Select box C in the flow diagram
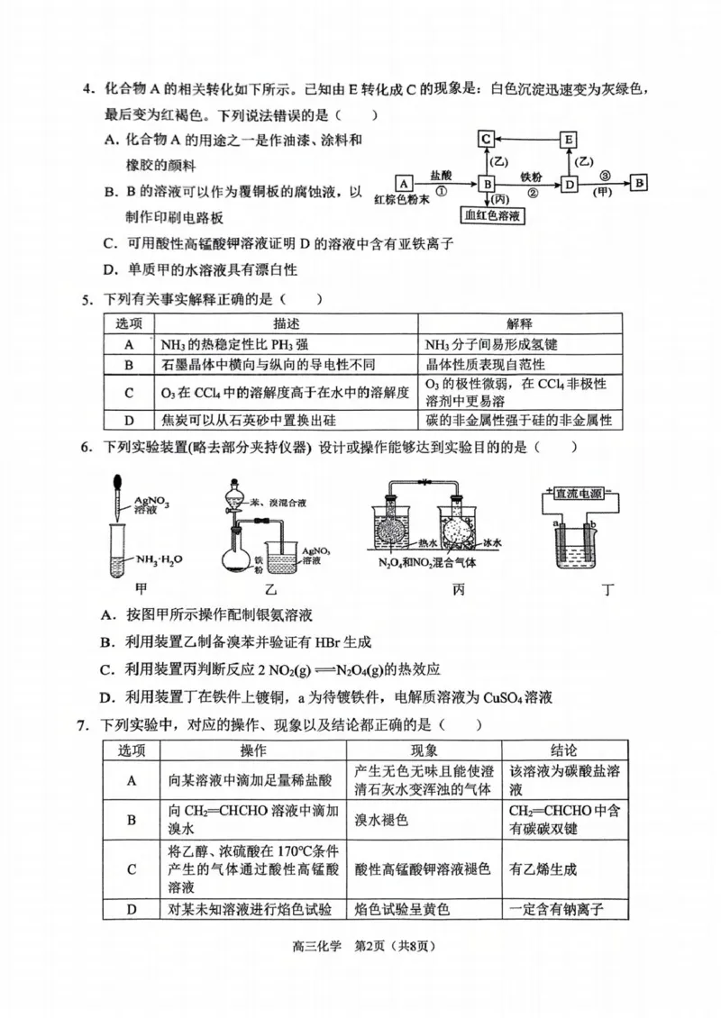pos(486,140)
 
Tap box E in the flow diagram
pos(569,140)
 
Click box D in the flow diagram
pos(569,184)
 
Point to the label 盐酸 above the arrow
pos(442,173)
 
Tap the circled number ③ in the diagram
pos(605,173)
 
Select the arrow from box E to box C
pos(527,140)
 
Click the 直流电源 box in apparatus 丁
pos(580,493)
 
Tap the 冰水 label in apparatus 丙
pos(491,543)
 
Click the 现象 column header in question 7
pos(424,750)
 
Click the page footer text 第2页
pos(360,945)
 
